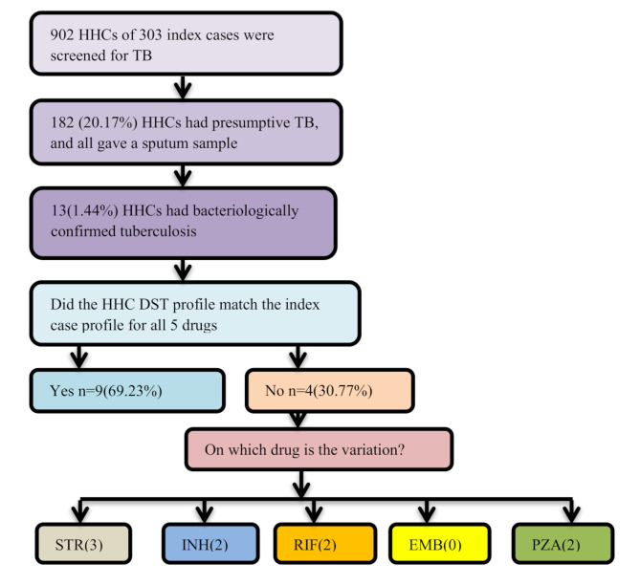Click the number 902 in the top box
point(64,35)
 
